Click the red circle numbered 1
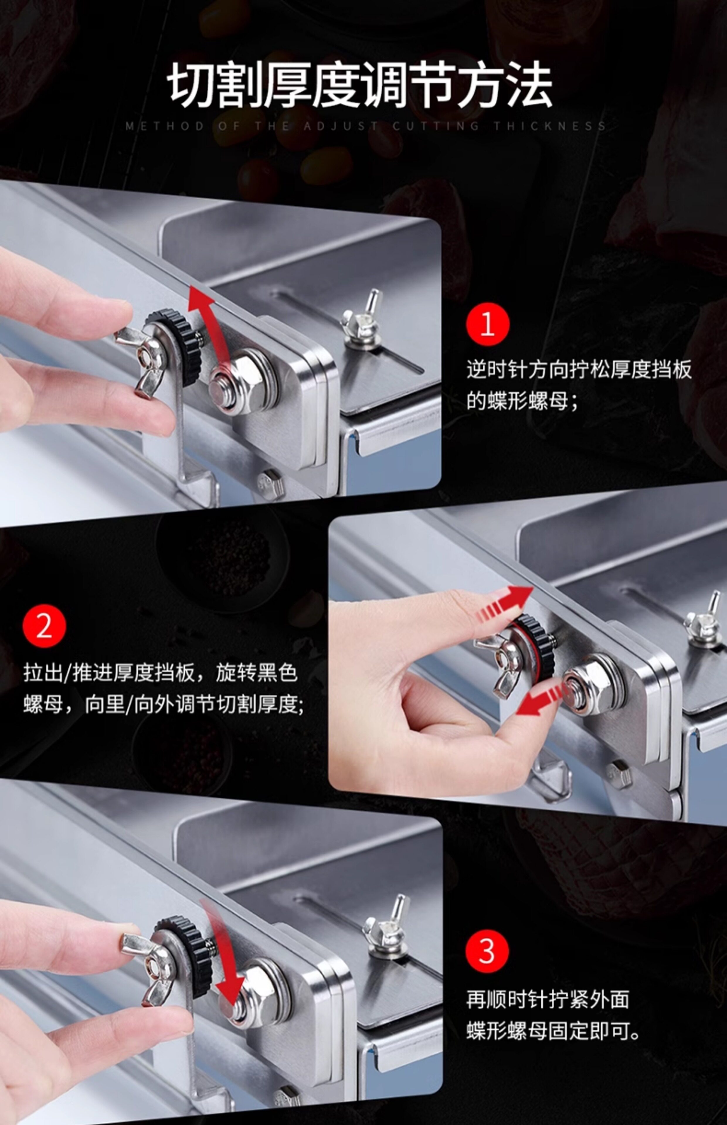(488, 325)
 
